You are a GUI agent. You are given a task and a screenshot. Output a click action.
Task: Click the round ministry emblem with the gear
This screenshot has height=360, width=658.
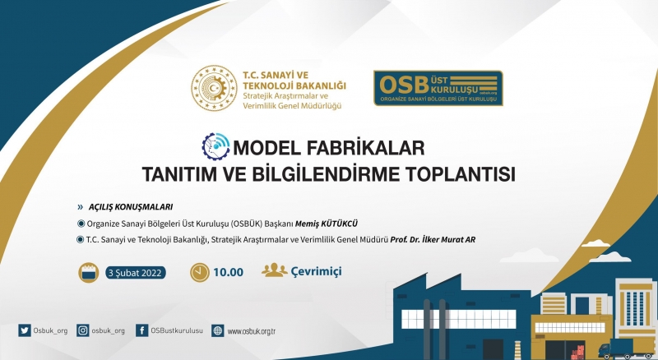[214, 88]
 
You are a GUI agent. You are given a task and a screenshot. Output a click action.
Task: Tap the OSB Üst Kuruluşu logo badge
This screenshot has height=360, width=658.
[438, 88]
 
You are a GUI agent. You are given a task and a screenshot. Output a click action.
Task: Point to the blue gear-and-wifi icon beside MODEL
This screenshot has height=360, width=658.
[215, 146]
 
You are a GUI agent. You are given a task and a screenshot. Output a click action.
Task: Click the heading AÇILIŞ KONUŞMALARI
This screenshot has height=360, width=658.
[131, 207]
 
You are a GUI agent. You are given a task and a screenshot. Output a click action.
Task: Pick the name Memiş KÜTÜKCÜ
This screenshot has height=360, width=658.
[327, 224]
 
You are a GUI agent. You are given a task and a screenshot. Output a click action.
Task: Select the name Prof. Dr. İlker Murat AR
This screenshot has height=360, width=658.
[433, 239]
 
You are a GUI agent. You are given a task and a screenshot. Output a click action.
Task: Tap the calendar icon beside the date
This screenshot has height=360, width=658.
[89, 273]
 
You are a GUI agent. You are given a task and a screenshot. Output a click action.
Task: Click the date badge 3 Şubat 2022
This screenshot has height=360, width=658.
[135, 273]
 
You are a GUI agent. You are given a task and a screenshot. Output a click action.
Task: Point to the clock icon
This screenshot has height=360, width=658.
[200, 272]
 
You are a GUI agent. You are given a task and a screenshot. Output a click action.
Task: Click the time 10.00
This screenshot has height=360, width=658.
[229, 272]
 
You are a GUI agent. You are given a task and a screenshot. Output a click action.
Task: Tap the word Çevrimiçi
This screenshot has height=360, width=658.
[317, 271]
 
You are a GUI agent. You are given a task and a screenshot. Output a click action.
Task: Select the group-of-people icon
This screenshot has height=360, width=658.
[275, 270]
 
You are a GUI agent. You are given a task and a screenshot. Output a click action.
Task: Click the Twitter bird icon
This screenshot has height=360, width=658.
[25, 330]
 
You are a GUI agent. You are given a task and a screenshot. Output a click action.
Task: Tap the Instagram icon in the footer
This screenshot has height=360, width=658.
[83, 330]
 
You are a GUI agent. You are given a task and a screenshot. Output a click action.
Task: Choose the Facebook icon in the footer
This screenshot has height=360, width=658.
[141, 330]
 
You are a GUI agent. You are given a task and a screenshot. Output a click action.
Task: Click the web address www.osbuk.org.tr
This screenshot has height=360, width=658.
[252, 331]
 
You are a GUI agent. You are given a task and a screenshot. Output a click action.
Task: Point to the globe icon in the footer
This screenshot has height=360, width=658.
[218, 330]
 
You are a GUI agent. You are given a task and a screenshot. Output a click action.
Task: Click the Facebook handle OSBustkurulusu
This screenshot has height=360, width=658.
[177, 330]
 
